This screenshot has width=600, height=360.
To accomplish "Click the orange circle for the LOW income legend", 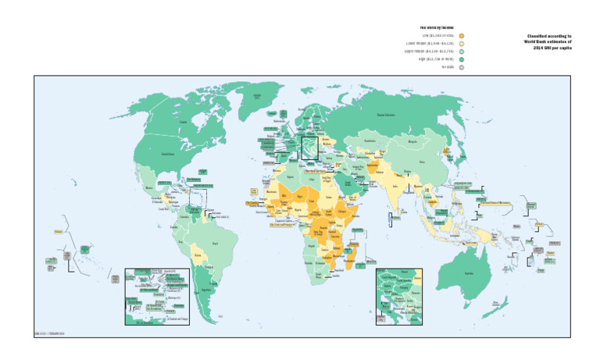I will click(x=462, y=36).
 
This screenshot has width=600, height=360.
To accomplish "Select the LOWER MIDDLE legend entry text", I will click(x=428, y=44).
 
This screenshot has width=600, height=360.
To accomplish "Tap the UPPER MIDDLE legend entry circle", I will click(x=462, y=52).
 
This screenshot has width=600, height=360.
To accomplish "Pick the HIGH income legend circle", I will click(x=462, y=59).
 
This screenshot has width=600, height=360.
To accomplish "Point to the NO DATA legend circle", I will click(x=462, y=67).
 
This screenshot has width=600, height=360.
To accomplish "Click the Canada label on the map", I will click(x=183, y=122).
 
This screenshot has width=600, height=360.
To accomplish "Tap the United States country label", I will click(x=168, y=155).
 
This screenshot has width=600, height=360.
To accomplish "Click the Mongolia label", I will click(x=412, y=142).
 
